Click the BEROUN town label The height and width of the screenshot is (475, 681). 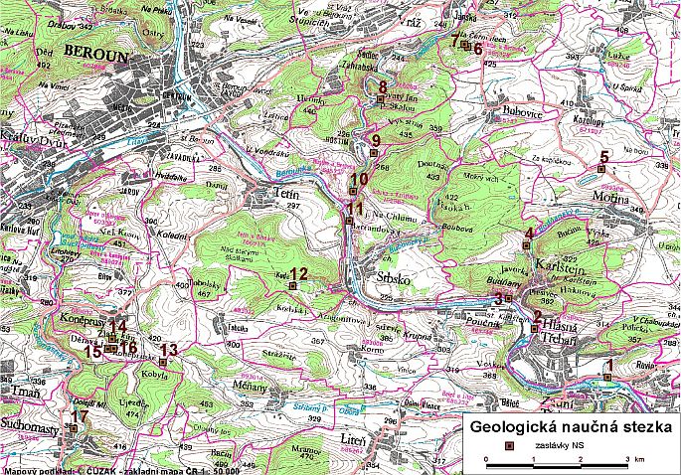tap(95, 58)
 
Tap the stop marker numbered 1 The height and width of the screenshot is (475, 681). tap(608, 376)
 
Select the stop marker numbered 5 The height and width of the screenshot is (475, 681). tap(599, 170)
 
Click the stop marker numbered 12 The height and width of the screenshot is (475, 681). tap(292, 286)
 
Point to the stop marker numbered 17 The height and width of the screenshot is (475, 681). tap(72, 427)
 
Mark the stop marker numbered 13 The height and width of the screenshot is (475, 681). tap(163, 362)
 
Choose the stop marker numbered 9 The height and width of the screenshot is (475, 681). tap(373, 153)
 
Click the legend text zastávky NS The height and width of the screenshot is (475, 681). tap(558, 445)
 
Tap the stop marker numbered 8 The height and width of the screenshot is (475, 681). tap(381, 99)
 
